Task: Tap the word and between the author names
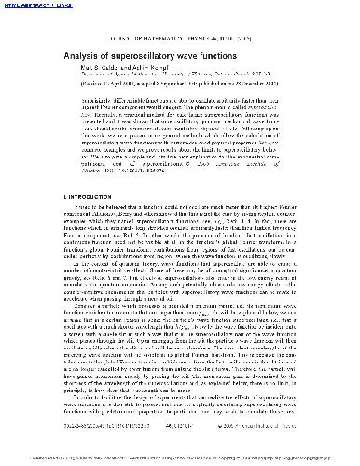[115, 67]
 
